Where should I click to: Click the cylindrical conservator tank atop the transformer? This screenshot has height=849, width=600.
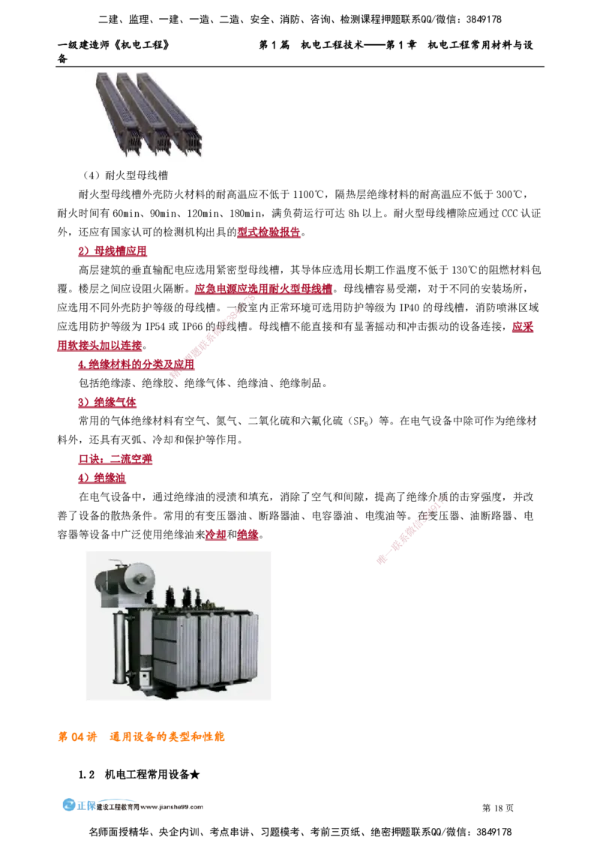124,578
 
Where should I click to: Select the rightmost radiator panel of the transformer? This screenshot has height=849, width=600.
248,648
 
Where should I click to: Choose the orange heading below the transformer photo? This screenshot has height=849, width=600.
142,737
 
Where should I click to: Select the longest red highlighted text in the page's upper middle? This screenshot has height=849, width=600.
263,289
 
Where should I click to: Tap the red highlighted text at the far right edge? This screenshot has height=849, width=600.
522,327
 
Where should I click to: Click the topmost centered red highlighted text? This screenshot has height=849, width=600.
268,232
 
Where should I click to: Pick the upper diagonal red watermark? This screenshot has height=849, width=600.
214,337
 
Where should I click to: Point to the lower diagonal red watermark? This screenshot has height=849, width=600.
413,529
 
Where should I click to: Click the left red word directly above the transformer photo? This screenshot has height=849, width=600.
215,535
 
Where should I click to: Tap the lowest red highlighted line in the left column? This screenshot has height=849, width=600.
103,477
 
